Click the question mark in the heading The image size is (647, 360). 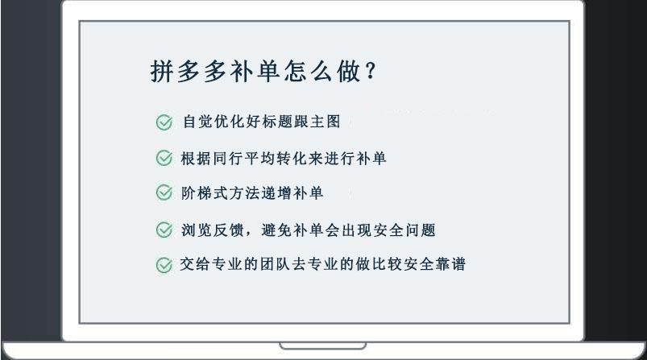(371, 71)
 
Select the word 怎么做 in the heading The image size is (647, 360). (322, 71)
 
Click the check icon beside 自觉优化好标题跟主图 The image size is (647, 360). (164, 122)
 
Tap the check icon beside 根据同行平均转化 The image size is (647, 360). (164, 158)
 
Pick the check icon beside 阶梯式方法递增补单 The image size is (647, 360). (164, 192)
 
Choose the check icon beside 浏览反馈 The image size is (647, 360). (164, 230)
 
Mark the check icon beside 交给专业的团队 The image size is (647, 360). (164, 265)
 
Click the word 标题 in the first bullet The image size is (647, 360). (278, 122)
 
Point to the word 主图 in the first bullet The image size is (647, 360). (326, 122)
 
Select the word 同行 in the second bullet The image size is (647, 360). (228, 159)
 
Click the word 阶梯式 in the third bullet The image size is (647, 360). (205, 193)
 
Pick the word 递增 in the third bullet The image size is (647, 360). (276, 193)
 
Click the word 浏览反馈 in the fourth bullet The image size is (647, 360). (213, 230)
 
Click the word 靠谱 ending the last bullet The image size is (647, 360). (451, 264)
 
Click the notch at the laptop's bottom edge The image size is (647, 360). (322, 346)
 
